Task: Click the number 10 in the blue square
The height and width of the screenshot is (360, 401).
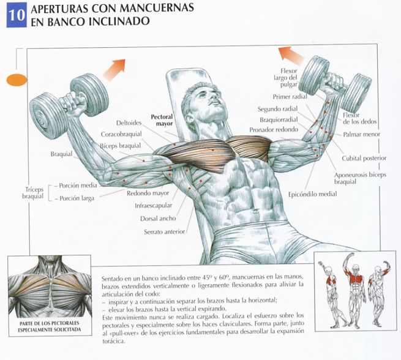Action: tap(17, 15)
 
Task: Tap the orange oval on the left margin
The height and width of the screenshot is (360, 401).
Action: tap(17, 80)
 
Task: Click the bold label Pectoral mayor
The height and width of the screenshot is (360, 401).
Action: tap(162, 120)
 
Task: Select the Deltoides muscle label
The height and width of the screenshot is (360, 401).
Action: tap(129, 122)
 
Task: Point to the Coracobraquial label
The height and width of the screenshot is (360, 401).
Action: tap(121, 134)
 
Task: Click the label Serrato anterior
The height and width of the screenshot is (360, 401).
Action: tap(164, 232)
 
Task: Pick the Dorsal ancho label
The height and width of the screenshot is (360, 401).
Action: tap(158, 219)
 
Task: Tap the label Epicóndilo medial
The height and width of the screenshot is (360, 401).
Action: tap(312, 194)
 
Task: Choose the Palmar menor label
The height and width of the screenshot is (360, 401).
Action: tap(362, 134)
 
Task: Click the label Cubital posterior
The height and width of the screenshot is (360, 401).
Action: tap(364, 159)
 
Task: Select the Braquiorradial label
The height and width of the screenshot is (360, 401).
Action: tap(279, 119)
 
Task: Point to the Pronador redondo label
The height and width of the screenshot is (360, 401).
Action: tap(274, 130)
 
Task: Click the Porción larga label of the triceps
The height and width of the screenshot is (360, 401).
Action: tap(77, 198)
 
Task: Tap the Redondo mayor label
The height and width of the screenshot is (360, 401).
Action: tap(148, 193)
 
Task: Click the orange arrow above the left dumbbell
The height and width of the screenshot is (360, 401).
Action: tap(114, 70)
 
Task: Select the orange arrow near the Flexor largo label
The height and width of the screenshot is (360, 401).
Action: tap(291, 56)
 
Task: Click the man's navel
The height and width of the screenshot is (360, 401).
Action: tap(255, 211)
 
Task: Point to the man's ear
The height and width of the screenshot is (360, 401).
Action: tap(190, 119)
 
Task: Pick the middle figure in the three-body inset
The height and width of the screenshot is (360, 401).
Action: tap(354, 289)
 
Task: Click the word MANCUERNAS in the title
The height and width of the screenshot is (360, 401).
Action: tap(157, 8)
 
